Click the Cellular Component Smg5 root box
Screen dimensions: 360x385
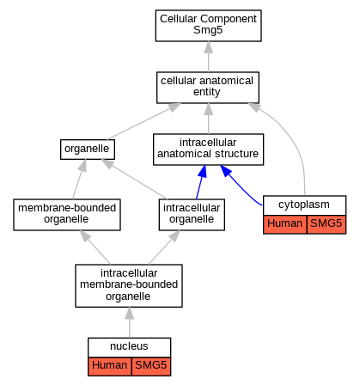click(208, 26)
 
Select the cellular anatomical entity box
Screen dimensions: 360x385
click(208, 88)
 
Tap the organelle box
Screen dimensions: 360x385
click(88, 150)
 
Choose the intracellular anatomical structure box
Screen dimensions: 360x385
click(208, 150)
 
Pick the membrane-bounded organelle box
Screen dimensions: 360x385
click(67, 215)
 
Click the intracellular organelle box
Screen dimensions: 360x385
click(192, 215)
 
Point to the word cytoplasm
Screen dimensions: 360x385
click(304, 205)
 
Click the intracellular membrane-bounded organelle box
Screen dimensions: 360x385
click(129, 285)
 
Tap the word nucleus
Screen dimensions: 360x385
click(129, 346)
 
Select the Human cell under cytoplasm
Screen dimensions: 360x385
click(285, 224)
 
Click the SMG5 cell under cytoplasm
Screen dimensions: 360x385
click(326, 224)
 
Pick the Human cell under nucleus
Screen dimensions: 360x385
click(110, 366)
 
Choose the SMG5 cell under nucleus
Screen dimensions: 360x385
click(151, 366)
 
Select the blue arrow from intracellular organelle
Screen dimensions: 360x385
click(201, 182)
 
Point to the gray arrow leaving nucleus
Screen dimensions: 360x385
click(130, 322)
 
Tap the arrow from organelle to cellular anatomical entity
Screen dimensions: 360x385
click(144, 121)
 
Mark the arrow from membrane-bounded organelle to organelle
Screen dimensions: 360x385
click(79, 180)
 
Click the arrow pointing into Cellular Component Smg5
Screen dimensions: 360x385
click(209, 57)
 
